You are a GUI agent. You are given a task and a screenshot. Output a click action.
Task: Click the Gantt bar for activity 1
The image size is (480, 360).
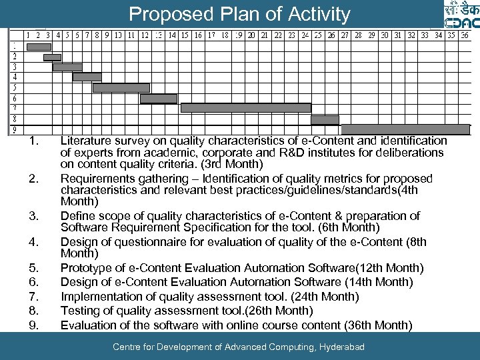(x=39, y=47)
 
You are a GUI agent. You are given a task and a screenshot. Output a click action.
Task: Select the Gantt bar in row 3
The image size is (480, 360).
(x=67, y=67)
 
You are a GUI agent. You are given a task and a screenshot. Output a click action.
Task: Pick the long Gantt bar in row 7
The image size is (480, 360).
(x=246, y=107)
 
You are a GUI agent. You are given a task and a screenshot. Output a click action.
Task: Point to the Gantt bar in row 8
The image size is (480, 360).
(x=325, y=119)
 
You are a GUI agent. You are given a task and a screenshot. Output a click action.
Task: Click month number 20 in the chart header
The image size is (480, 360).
(x=251, y=35)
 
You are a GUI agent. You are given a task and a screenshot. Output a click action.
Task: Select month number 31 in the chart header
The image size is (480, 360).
(x=397, y=35)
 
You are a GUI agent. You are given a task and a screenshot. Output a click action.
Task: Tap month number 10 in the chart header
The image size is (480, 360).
(x=117, y=35)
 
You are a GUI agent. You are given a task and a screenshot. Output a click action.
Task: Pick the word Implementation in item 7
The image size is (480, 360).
(x=100, y=297)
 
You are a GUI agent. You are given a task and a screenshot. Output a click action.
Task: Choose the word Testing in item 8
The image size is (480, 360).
(x=79, y=311)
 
